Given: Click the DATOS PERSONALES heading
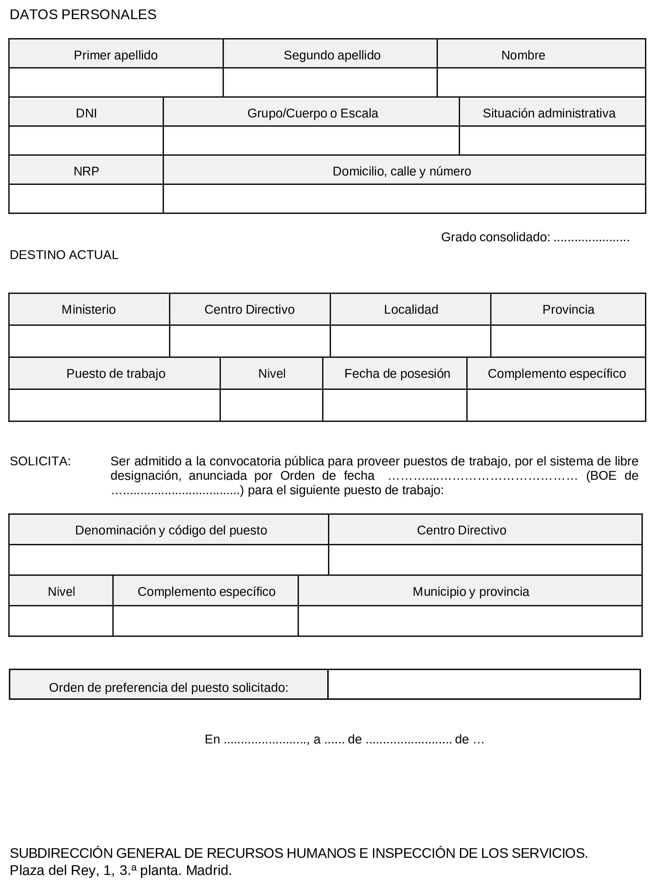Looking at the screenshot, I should click(x=83, y=14).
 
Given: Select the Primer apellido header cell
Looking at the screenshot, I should click(x=115, y=55).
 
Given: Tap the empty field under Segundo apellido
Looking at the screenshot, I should click(x=330, y=83).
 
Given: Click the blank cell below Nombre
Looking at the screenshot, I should click(x=541, y=83).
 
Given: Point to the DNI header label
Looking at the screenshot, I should click(x=86, y=113).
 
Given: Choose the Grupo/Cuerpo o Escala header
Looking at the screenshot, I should click(x=313, y=113).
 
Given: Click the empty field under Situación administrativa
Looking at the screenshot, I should click(x=552, y=141).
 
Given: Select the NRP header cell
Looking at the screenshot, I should click(x=86, y=171).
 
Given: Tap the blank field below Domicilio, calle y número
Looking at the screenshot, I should click(x=404, y=199).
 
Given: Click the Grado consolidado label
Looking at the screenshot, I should click(x=495, y=237).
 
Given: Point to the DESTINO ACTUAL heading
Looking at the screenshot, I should click(x=64, y=255).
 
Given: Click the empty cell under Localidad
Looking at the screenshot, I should click(x=411, y=341).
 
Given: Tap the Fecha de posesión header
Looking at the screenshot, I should click(x=397, y=373).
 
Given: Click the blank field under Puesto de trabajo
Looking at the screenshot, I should click(x=114, y=405).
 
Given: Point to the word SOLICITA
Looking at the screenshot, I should click(x=40, y=461).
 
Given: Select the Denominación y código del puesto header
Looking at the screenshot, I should click(x=171, y=530).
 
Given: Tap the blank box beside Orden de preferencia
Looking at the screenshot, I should click(x=484, y=684).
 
